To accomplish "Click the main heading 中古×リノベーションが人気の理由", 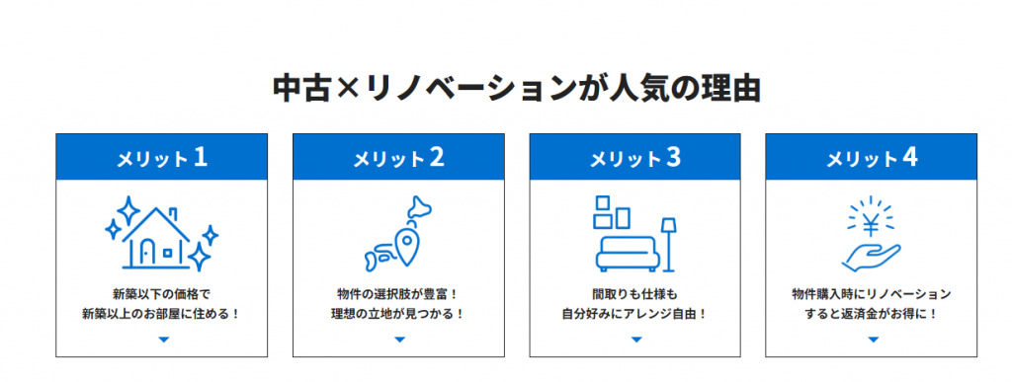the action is click(516, 90).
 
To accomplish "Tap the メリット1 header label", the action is click(161, 158).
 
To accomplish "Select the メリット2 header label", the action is click(398, 158).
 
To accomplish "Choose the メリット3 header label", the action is click(635, 158).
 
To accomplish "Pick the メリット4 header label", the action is click(872, 158).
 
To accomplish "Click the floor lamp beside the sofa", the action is click(668, 245).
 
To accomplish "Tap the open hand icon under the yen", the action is click(871, 258).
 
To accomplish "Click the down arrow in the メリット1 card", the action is click(163, 340).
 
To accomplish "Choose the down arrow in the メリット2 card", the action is click(399, 340).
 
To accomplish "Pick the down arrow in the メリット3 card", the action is click(636, 340).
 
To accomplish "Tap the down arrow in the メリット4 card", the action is click(874, 340).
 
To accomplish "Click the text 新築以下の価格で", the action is click(161, 295).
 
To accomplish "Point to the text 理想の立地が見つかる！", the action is click(398, 315).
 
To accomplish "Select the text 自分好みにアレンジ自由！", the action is click(635, 315).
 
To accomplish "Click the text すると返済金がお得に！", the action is click(872, 315).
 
